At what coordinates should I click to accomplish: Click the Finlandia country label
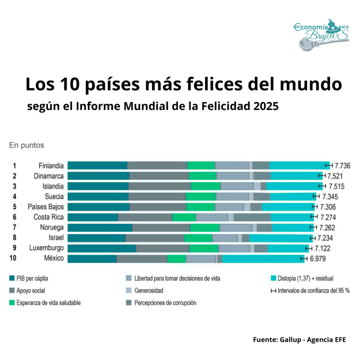coord(51,166)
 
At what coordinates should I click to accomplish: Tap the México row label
coord(54,258)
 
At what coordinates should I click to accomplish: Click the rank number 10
coord(12,258)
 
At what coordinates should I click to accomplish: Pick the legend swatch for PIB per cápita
coord(12,279)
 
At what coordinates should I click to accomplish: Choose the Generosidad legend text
coord(149,291)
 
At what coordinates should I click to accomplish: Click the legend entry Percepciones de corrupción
coord(165,303)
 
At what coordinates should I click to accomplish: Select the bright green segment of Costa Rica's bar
coord(184,217)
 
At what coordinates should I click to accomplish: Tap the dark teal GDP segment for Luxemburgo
coord(102,248)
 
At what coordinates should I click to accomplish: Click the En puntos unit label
coord(26,145)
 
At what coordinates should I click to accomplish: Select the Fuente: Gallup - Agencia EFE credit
coord(299,340)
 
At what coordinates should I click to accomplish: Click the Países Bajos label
coord(46,207)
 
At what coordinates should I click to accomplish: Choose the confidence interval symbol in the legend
coord(272,291)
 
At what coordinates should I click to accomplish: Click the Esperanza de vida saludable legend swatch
coord(12,303)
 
